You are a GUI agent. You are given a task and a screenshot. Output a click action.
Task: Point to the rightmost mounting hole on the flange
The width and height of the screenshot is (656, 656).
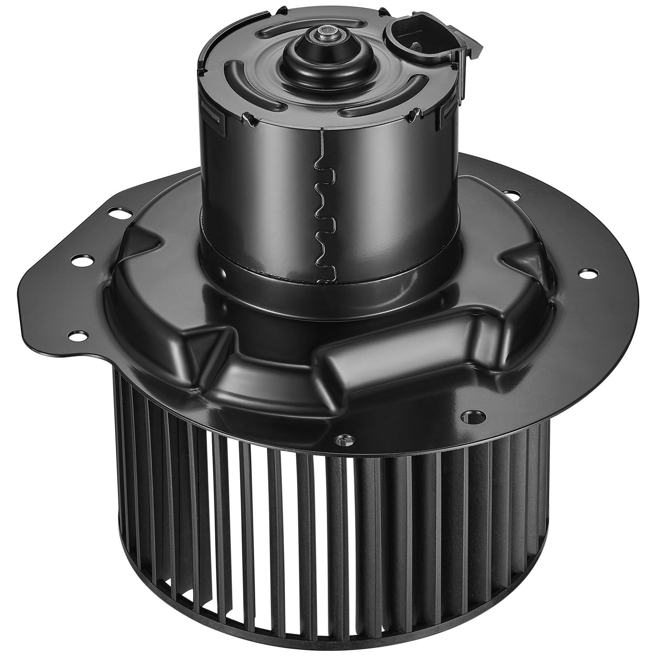click(584, 271)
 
